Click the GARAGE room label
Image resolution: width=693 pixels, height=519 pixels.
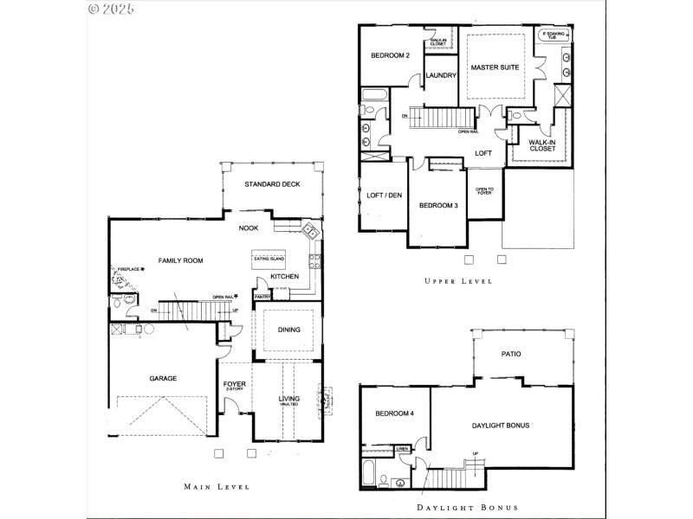[163, 378]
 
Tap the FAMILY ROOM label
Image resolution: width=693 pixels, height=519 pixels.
[179, 259]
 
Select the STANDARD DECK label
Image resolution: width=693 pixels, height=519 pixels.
[272, 184]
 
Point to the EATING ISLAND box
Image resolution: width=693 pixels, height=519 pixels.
[268, 258]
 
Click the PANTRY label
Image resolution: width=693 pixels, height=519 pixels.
[262, 297]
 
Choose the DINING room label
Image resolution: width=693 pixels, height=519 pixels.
[288, 330]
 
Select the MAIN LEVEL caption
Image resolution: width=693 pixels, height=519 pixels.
[217, 487]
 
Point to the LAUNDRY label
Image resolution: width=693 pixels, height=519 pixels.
[441, 75]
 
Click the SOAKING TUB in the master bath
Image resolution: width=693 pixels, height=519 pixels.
[553, 35]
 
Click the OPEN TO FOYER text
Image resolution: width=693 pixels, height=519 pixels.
[484, 192]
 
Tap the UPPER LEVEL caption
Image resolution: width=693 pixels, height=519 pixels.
[458, 281]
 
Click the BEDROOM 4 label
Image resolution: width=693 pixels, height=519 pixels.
[394, 413]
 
